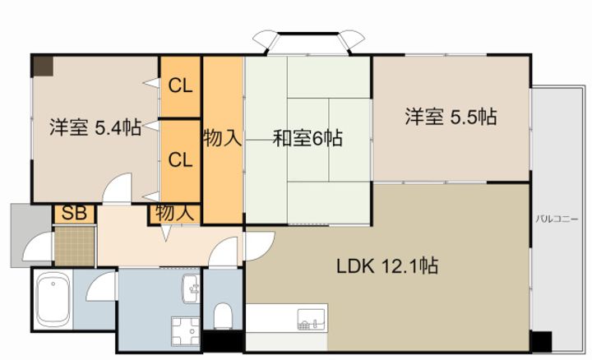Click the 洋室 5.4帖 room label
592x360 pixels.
point(95,128)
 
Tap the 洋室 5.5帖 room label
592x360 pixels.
point(451,117)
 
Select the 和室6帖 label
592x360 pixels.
point(308,138)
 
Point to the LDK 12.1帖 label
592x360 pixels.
point(387,266)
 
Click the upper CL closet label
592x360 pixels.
point(180,86)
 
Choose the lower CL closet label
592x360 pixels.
point(180,160)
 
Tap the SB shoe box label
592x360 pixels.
point(74,213)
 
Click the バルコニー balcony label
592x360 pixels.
point(557,219)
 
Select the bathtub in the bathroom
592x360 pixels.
point(53,300)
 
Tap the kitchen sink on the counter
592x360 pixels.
point(312,319)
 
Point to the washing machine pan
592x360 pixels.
point(185,331)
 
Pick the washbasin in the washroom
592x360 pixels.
point(192,288)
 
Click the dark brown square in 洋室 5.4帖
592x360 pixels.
point(42,67)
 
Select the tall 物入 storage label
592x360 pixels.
point(222,138)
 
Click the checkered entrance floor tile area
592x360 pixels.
point(74,246)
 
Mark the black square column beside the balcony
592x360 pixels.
point(541,341)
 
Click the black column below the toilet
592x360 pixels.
point(223,342)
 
